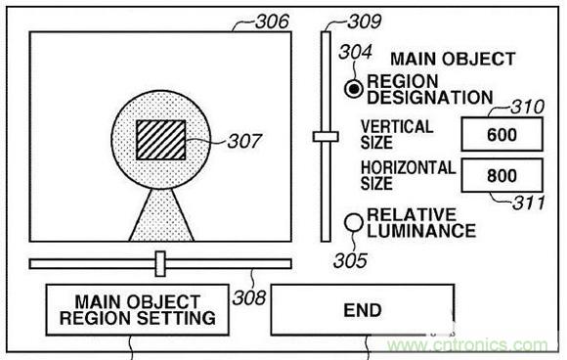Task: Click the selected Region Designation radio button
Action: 353,89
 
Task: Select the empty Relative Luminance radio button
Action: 353,222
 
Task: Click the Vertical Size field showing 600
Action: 502,134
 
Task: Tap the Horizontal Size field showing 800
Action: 502,175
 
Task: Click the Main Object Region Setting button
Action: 138,310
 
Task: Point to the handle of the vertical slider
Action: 326,136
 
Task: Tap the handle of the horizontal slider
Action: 160,264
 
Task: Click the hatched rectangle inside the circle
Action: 161,140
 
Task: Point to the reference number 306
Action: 272,22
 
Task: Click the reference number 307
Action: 244,141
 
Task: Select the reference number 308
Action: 249,298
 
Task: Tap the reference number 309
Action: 364,22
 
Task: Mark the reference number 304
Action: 355,52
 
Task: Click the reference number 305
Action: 350,260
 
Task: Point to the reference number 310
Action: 528,107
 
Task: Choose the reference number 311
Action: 529,202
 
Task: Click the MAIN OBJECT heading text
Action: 453,59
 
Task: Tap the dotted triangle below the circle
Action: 161,215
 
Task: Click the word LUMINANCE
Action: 421,231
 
